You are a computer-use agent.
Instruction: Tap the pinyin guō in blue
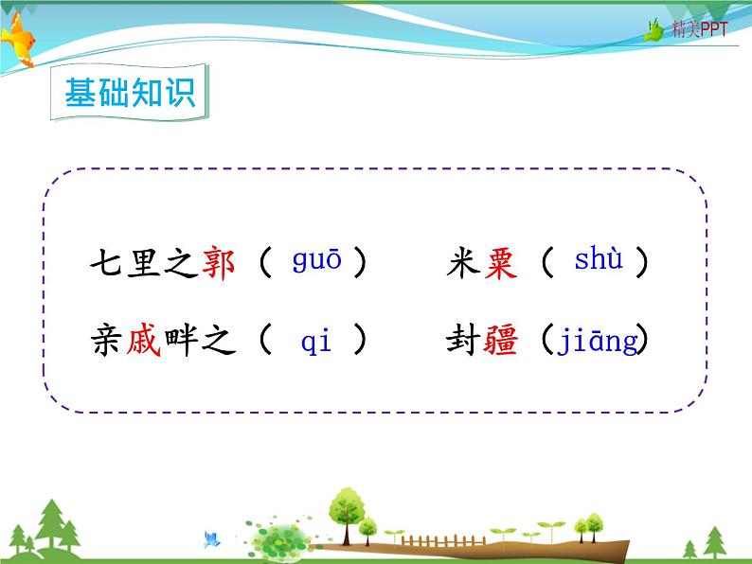pyautogui.click(x=316, y=262)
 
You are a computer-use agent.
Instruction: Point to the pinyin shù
pyautogui.click(x=599, y=260)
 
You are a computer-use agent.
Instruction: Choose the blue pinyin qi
pyautogui.click(x=315, y=342)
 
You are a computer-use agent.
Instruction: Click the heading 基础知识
pyautogui.click(x=129, y=93)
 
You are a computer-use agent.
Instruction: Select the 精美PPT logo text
pyautogui.click(x=700, y=30)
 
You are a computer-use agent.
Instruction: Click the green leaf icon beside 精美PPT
pyautogui.click(x=654, y=30)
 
